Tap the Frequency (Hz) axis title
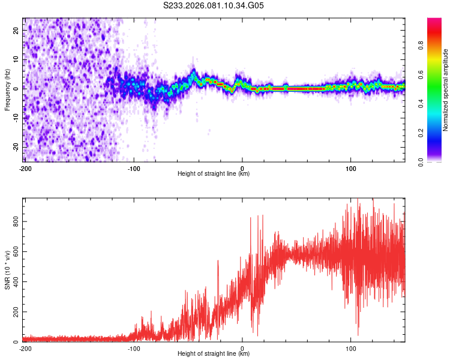(x=7, y=89)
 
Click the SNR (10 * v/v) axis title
(x=7, y=269)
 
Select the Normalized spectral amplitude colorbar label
(x=446, y=89)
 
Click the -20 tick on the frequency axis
(x=16, y=147)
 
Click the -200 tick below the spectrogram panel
(x=25, y=168)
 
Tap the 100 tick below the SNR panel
(x=351, y=348)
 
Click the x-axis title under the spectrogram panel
(x=214, y=174)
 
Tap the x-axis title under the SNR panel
(x=214, y=354)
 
